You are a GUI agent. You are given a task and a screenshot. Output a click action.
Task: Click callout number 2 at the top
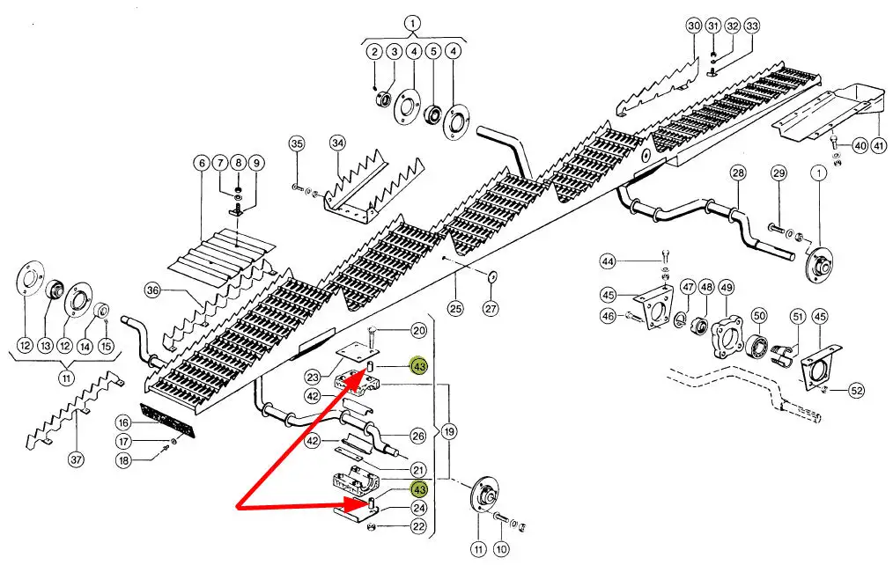pyautogui.click(x=374, y=52)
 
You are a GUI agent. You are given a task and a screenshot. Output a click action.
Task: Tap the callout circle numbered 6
pyautogui.click(x=201, y=163)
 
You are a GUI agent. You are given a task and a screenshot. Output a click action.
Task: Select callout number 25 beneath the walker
pyautogui.click(x=455, y=308)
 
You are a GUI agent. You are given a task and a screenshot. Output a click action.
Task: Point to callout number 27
pyautogui.click(x=491, y=308)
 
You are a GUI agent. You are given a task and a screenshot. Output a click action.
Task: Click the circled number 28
pyautogui.click(x=738, y=172)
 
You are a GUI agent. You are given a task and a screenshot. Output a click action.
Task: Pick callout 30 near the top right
pyautogui.click(x=693, y=26)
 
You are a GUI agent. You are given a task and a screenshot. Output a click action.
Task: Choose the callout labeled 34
pyautogui.click(x=338, y=143)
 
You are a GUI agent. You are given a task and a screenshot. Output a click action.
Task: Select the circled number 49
pyautogui.click(x=727, y=287)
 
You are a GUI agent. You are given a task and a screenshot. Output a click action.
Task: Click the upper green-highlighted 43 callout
pyautogui.click(x=419, y=365)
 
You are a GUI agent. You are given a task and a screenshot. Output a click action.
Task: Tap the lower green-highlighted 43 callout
pyautogui.click(x=419, y=490)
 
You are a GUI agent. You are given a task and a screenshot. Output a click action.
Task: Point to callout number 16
pyautogui.click(x=123, y=422)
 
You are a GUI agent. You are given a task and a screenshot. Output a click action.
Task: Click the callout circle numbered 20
pyautogui.click(x=419, y=331)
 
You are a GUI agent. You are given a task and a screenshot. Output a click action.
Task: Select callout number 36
pyautogui.click(x=152, y=290)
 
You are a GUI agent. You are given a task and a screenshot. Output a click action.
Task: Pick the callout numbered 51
pyautogui.click(x=798, y=316)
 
